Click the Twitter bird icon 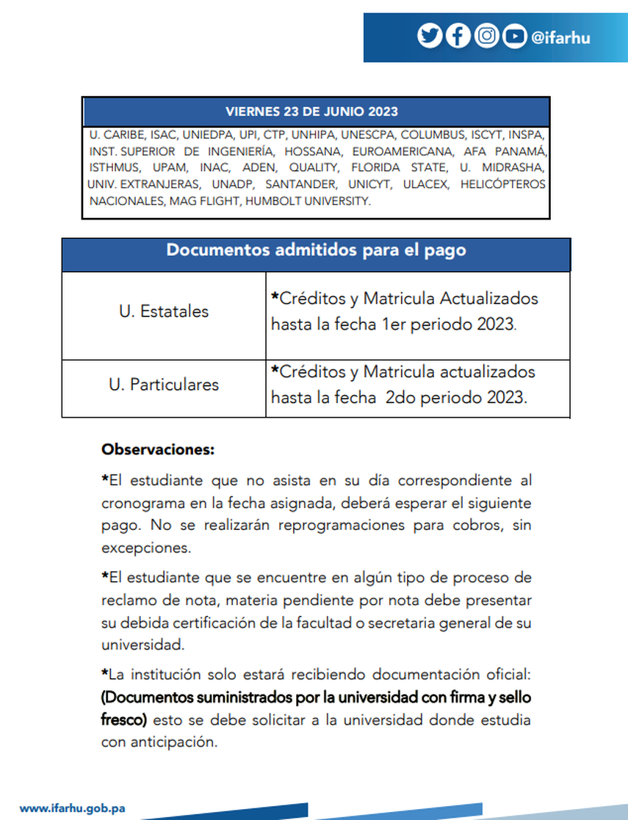[x=430, y=36]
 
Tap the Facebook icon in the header [x=458, y=36]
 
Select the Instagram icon [x=486, y=36]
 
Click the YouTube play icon [x=515, y=36]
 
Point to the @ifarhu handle [x=560, y=37]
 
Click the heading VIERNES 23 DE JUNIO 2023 [x=312, y=112]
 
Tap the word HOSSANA [x=311, y=152]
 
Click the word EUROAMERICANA [x=401, y=152]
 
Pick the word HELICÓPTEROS [x=503, y=184]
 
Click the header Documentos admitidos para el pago [x=316, y=250]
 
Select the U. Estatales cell [x=164, y=311]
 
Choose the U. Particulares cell [x=164, y=384]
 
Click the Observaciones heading [x=158, y=449]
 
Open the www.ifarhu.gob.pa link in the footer [x=72, y=808]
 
